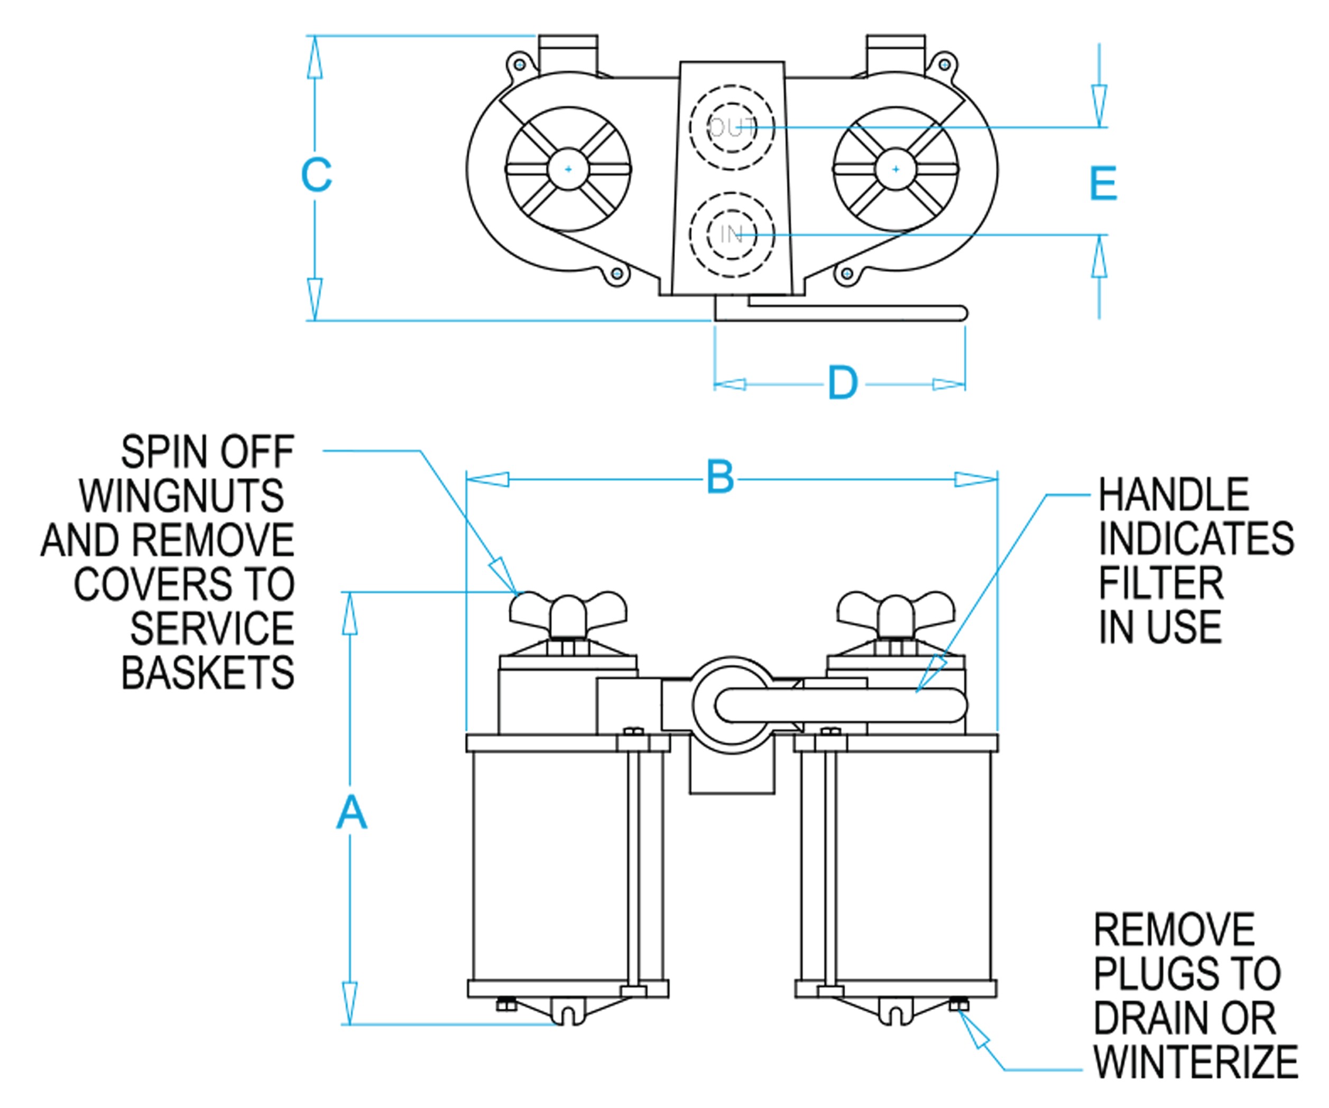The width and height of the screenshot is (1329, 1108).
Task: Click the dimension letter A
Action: pyautogui.click(x=350, y=813)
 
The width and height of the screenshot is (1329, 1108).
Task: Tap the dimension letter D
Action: pyautogui.click(x=842, y=383)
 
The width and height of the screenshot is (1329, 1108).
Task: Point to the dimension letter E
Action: pyautogui.click(x=1103, y=184)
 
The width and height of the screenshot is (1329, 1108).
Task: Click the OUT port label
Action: pyautogui.click(x=732, y=128)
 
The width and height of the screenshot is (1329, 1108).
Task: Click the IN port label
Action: pyautogui.click(x=732, y=235)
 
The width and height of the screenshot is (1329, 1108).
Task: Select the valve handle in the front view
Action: pyautogui.click(x=842, y=705)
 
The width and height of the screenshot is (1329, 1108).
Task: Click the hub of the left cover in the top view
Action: pyautogui.click(x=568, y=169)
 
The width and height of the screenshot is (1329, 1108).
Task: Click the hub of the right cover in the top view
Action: pyautogui.click(x=896, y=169)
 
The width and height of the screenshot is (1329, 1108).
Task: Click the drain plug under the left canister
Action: pyautogui.click(x=506, y=1004)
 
